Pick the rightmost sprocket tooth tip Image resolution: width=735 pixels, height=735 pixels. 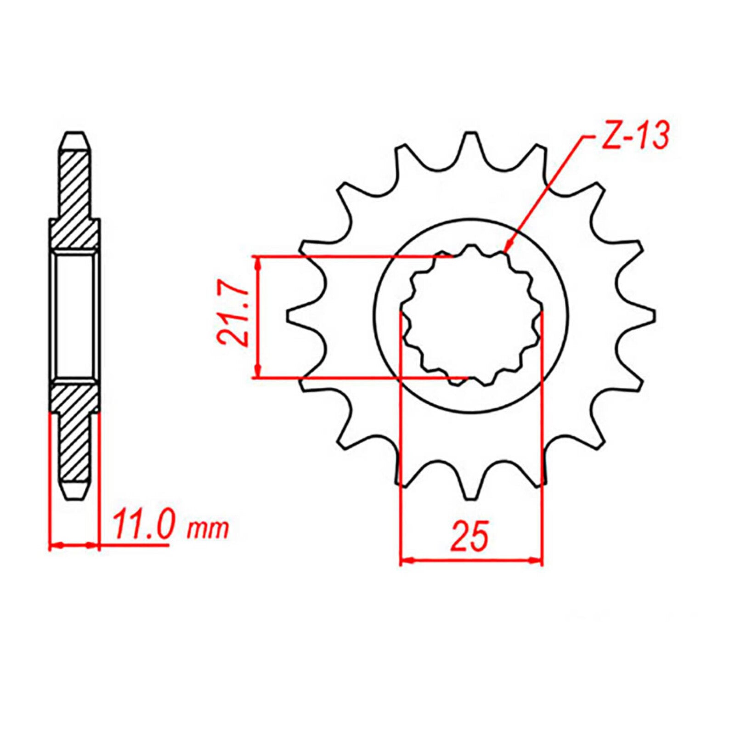(652, 316)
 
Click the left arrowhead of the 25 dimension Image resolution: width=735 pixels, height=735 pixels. (407, 560)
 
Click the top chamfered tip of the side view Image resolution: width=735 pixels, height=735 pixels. (74, 138)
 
